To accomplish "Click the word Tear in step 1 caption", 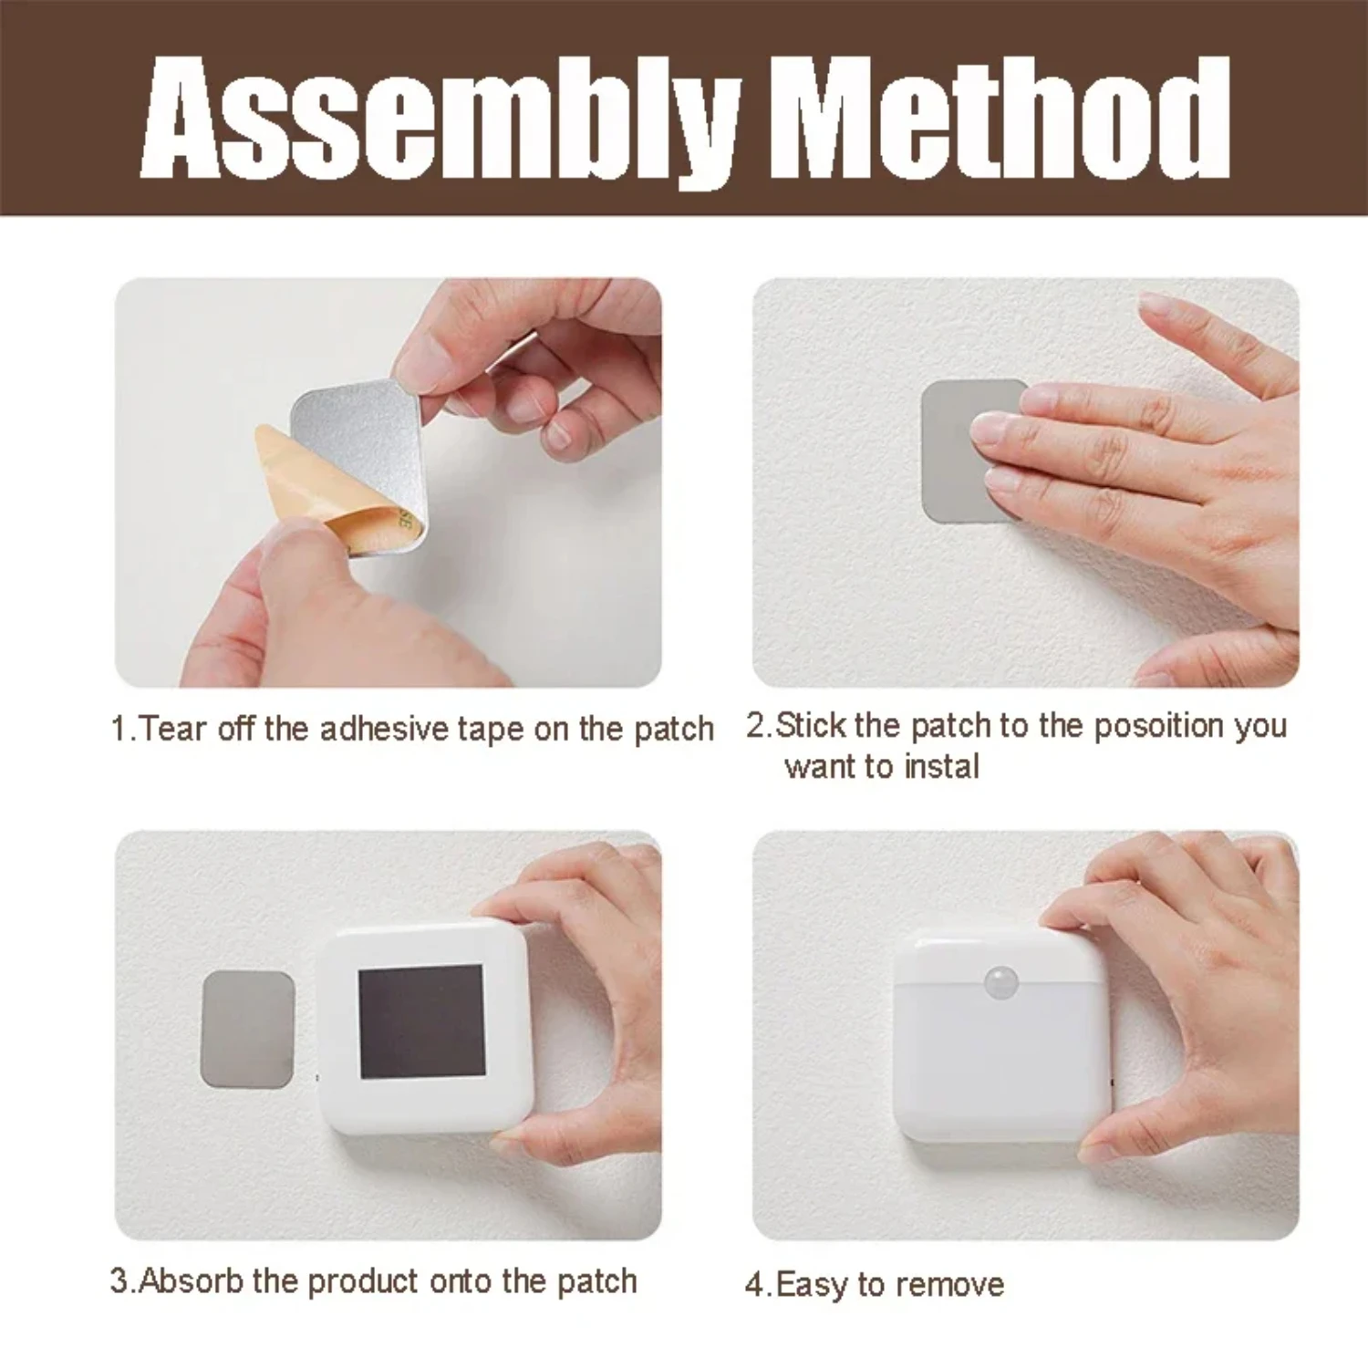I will [173, 730].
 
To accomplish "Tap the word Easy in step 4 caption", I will [813, 1285].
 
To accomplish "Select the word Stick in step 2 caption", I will [811, 726].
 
